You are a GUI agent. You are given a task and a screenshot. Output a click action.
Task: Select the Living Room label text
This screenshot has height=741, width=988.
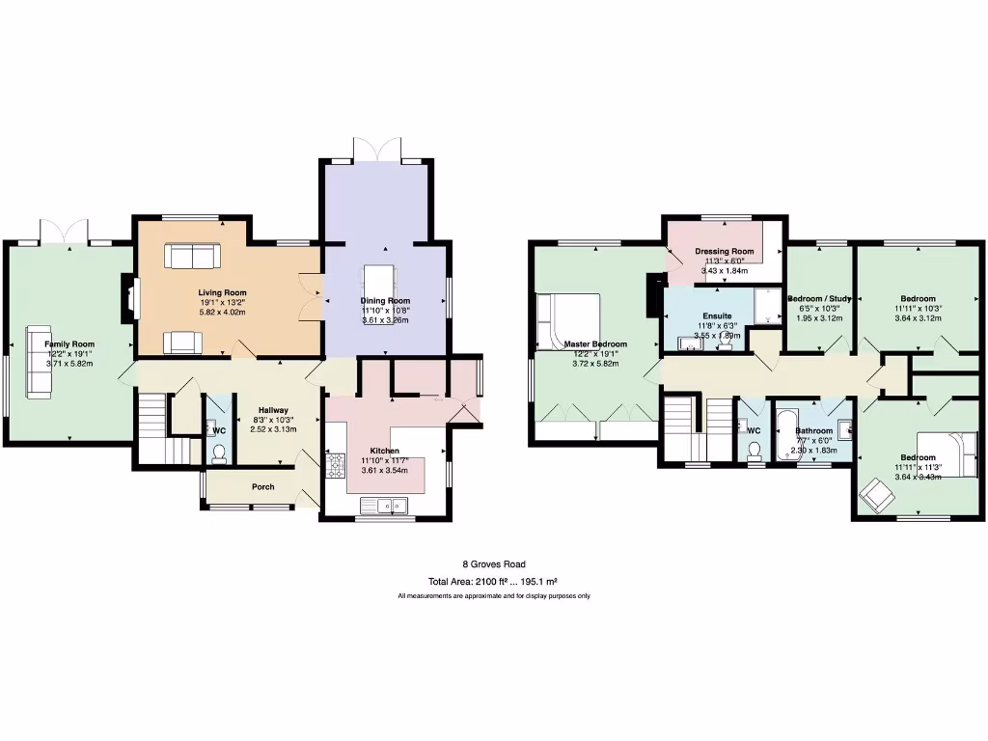coord(223,292)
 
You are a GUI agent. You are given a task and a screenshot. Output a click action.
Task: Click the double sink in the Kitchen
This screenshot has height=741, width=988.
coord(385,504)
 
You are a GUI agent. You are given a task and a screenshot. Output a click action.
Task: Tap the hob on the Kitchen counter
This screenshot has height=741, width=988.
coord(337,467)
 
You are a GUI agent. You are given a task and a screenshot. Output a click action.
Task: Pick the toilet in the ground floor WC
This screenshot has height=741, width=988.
coord(218,452)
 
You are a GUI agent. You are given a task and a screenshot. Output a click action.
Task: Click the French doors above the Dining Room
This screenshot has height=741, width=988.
coord(376,150)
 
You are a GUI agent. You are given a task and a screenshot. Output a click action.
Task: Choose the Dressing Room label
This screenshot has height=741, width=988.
coord(724,251)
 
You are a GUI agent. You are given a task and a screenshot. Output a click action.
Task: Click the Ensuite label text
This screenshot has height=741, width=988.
coord(717,316)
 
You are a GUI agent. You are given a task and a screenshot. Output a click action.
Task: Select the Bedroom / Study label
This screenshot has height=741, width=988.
coord(819,298)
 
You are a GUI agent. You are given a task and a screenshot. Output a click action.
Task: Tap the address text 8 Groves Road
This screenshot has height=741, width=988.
coord(494,564)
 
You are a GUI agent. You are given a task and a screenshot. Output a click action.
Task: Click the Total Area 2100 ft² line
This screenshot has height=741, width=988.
coord(494,582)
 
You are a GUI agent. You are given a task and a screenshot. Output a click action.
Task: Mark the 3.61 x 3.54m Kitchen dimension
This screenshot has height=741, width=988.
coord(385,470)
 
